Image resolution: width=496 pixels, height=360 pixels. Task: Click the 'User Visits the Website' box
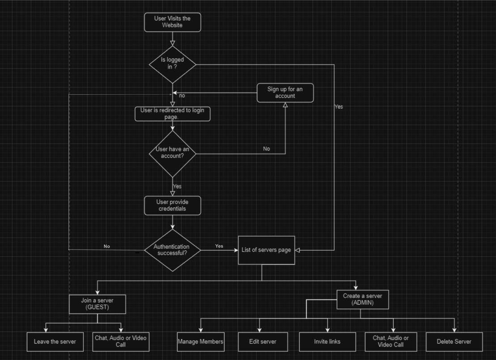(x=172, y=22)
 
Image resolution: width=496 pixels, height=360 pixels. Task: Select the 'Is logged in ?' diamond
(x=172, y=65)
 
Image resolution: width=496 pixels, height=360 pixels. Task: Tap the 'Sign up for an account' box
(x=285, y=93)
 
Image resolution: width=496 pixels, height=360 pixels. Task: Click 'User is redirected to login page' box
(x=172, y=114)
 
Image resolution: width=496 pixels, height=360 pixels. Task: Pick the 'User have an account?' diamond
(x=172, y=154)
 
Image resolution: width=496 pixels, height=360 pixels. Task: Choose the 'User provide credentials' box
(x=172, y=206)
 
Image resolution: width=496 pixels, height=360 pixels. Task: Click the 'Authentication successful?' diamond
(x=172, y=250)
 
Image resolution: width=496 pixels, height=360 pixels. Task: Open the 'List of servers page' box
(x=266, y=250)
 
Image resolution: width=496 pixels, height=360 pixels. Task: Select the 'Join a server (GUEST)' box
(x=97, y=304)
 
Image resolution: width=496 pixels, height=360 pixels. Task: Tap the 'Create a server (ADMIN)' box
(x=363, y=300)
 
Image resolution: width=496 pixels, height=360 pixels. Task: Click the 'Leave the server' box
(x=55, y=342)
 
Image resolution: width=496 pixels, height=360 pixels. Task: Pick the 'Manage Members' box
(x=201, y=342)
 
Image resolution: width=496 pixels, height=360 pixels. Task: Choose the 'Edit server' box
(x=263, y=342)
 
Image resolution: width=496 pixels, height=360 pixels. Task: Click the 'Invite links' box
(x=327, y=342)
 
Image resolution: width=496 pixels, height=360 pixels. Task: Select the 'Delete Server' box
(x=454, y=342)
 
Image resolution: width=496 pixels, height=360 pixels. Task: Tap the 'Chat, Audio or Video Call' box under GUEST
(x=121, y=342)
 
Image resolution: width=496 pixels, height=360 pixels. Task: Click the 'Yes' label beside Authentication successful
(x=219, y=246)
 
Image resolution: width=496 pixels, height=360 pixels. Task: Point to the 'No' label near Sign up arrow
(x=266, y=149)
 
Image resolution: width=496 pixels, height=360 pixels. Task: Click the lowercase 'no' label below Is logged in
(x=182, y=96)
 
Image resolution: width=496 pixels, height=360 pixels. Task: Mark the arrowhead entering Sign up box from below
(x=285, y=105)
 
